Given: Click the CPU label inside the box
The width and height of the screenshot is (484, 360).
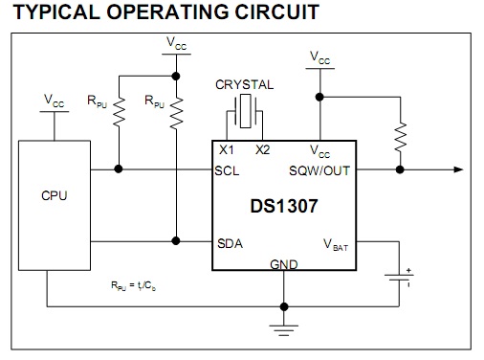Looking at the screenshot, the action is [x=55, y=195].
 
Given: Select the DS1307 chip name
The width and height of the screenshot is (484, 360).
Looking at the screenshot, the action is [x=284, y=206].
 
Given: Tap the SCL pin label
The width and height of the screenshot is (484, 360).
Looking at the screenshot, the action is [x=227, y=170].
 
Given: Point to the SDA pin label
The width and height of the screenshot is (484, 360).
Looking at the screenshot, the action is [x=230, y=243].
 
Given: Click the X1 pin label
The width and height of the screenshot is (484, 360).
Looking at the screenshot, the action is [x=227, y=149].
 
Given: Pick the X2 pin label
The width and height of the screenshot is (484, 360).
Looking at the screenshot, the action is [x=262, y=149].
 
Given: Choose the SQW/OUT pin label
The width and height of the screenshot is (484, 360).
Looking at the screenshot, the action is [x=319, y=170].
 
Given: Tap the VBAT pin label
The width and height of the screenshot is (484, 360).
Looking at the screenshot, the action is [x=336, y=245].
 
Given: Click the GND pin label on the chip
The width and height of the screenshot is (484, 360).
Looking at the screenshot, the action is [x=284, y=264].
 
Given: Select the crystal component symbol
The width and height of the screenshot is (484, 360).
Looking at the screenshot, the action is [x=245, y=111].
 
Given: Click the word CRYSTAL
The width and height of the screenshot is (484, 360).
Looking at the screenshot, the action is [x=245, y=84].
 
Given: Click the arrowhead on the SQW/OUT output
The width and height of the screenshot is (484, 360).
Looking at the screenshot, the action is [x=458, y=169].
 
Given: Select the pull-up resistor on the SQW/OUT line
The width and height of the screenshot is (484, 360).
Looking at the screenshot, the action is [x=400, y=137].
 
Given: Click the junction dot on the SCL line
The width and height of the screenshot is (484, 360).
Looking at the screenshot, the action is [x=119, y=169].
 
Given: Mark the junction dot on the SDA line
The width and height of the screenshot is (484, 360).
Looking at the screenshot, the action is [x=176, y=241].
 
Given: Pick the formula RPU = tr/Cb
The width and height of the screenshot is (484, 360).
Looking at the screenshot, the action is [x=133, y=285].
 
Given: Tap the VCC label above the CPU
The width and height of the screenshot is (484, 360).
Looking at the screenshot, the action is [x=54, y=101].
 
